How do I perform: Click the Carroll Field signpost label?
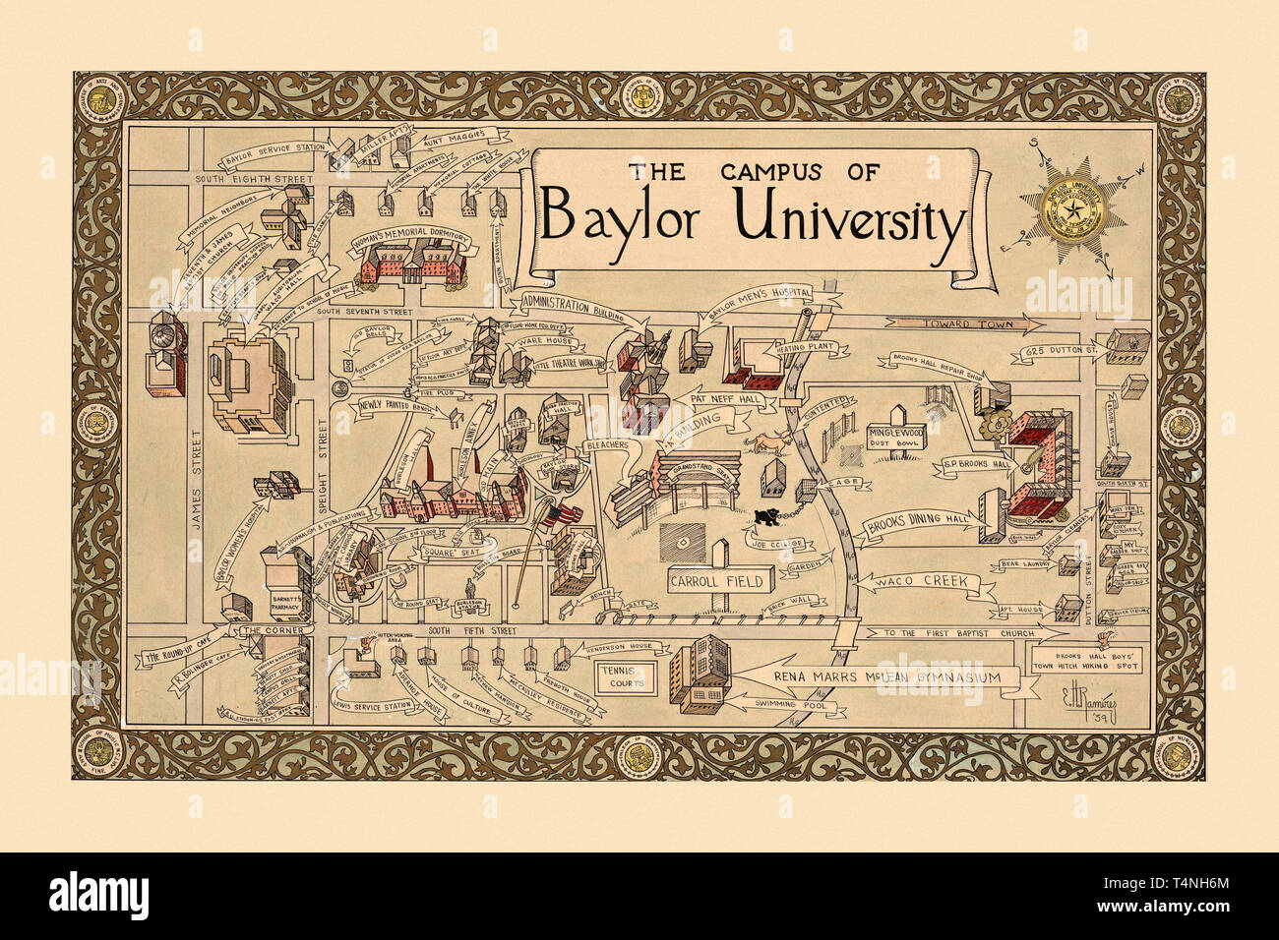[703, 580]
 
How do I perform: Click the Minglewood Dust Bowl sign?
[892, 437]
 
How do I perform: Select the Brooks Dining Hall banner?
[911, 528]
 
